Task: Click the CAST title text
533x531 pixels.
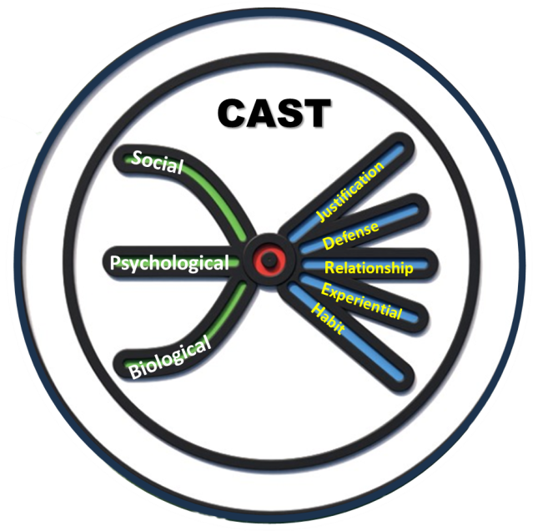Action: pos(274,114)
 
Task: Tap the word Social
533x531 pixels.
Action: pos(158,160)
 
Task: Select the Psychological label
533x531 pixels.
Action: pos(169,263)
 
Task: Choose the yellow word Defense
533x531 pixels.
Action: pos(351,235)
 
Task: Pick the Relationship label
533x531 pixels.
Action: pos(368,268)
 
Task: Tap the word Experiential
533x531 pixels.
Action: pos(361,301)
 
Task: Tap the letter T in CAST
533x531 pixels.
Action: pos(318,114)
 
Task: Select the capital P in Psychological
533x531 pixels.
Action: pos(117,264)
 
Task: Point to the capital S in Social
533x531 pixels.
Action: pos(138,155)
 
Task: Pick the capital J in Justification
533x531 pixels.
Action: pos(321,219)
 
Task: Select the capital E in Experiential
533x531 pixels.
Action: pos(325,289)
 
